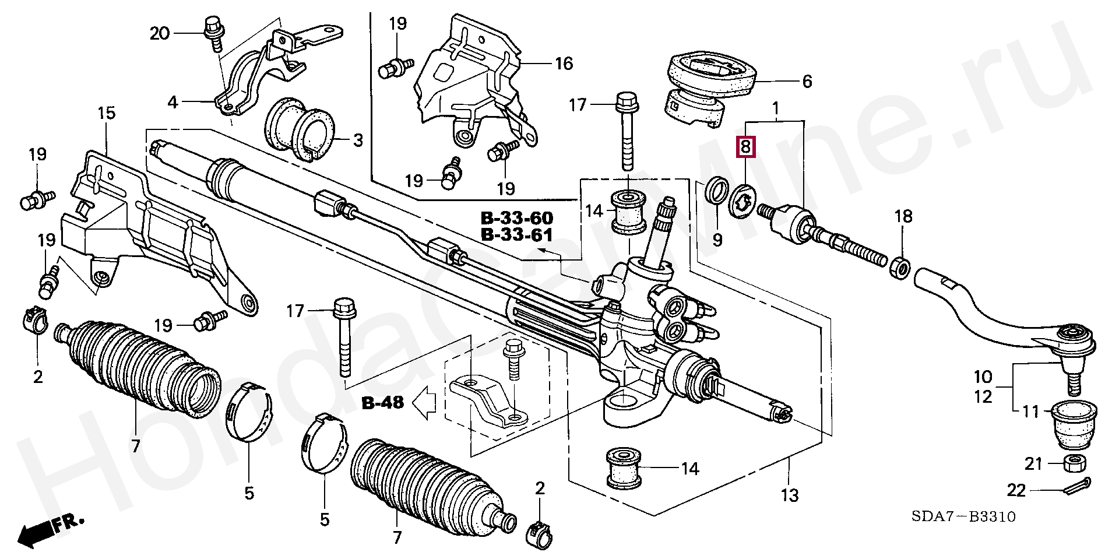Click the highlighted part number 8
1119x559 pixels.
pos(746,147)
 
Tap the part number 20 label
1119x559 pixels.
pos(160,33)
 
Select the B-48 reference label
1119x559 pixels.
pos(383,403)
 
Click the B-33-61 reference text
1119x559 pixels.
pos(517,235)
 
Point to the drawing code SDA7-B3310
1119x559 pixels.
pos(963,516)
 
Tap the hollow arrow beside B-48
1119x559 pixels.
pos(424,402)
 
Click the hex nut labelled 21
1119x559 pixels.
pos(1074,464)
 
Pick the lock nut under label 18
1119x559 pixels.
pos(901,268)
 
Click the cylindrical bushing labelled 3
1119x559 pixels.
pos(299,130)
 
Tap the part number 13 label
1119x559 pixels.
pos(790,495)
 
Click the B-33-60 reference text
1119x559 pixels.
pos(517,218)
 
